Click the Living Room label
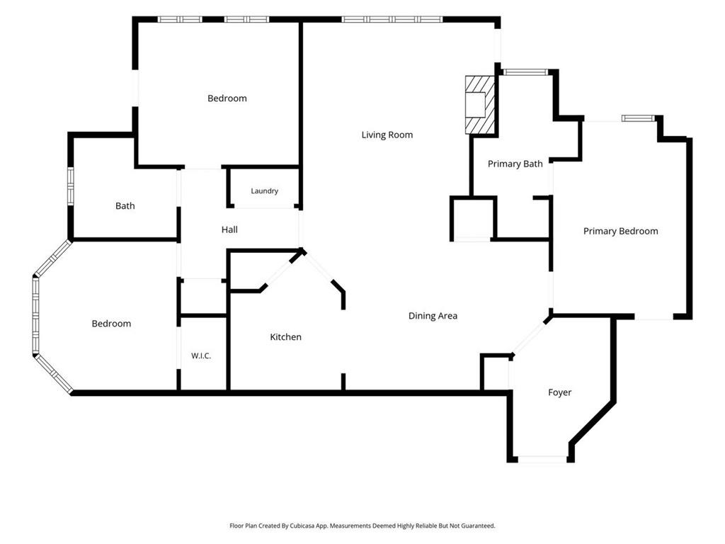coord(387,135)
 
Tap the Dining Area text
coord(433,316)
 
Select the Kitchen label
coord(286,336)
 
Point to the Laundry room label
coord(265,191)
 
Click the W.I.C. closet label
coord(201,356)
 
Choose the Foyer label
coord(559,392)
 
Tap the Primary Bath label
coord(515,164)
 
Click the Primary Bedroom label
coord(620,232)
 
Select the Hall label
coord(229,229)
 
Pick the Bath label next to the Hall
coord(125,206)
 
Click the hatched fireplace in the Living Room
coord(480,105)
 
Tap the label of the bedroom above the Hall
coord(227,98)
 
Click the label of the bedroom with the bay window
coord(111,324)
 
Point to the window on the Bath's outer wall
coord(71,186)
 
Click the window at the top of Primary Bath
coord(525,72)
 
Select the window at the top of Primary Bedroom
coord(638,118)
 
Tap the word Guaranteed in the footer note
coord(479,526)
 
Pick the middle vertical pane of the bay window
coord(35,316)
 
